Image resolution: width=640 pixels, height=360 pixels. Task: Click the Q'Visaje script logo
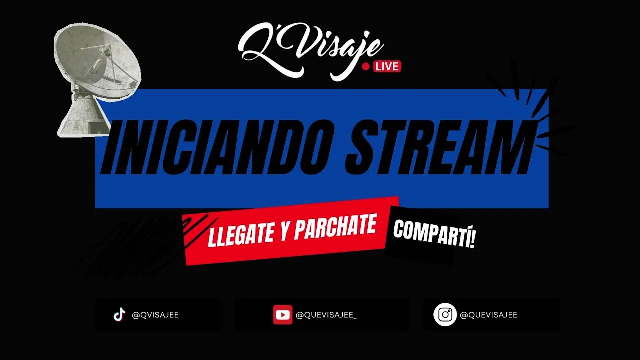pyautogui.click(x=311, y=51)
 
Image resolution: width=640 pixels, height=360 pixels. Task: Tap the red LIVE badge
pyautogui.click(x=387, y=66)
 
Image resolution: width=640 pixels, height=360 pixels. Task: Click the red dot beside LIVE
pyautogui.click(x=365, y=67)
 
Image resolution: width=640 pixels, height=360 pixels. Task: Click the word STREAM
pyautogui.click(x=439, y=146)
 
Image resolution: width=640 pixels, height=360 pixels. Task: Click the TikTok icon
pyautogui.click(x=119, y=315)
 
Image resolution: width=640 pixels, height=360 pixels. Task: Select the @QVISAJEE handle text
pyautogui.click(x=155, y=315)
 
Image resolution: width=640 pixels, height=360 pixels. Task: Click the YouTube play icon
pyautogui.click(x=282, y=315)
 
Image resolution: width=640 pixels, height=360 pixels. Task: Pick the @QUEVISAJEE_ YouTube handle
pyautogui.click(x=326, y=315)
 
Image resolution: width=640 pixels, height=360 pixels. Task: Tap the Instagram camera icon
pyautogui.click(x=445, y=315)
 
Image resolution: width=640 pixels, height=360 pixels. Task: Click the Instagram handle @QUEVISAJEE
pyautogui.click(x=489, y=315)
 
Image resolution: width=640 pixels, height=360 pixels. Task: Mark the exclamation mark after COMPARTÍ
pyautogui.click(x=472, y=239)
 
